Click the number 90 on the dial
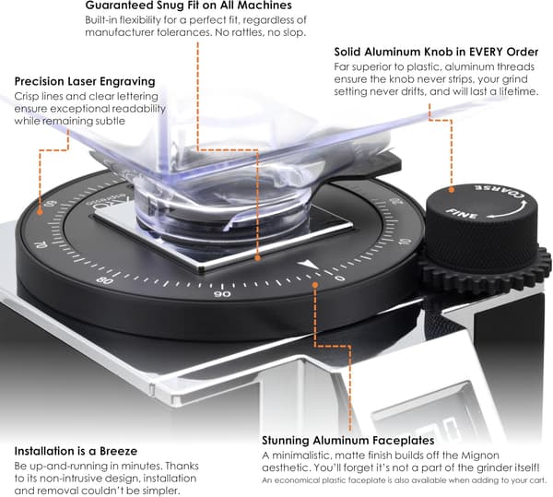coord(222,294)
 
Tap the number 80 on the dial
coord(104,281)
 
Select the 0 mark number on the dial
coord(340,278)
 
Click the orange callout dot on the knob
coord(451,190)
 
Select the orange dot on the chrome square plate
coord(258,258)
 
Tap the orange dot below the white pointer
coord(315,284)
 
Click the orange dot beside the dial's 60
coord(40,212)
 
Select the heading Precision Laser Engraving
coord(85,81)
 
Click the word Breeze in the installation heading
coord(119,451)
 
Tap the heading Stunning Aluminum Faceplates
coord(348,441)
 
